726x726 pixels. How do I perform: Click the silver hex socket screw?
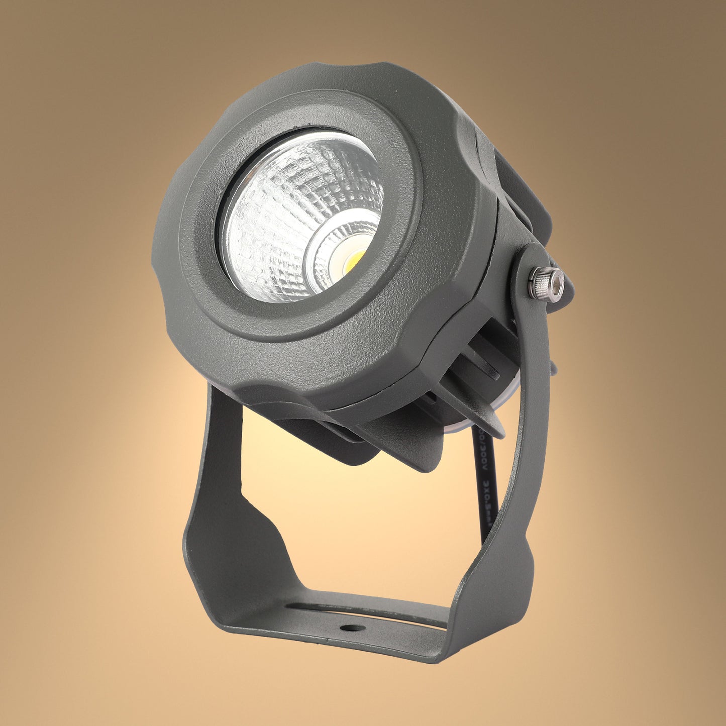pyautogui.click(x=549, y=284)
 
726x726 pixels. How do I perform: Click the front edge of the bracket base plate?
pyautogui.click(x=327, y=643)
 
